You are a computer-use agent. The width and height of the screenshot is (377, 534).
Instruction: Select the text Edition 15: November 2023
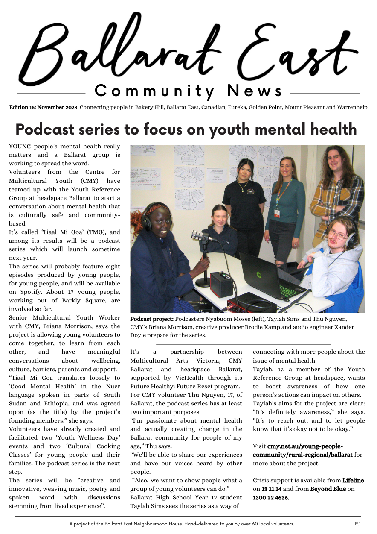(x=43, y=107)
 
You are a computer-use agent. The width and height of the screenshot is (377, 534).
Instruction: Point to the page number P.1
(x=357, y=523)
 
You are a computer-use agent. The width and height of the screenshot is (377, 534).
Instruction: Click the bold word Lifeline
(x=353, y=481)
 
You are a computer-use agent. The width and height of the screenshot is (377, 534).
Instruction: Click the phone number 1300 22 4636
(x=271, y=498)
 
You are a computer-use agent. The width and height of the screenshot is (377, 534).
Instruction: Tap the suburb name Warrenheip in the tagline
(x=351, y=107)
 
